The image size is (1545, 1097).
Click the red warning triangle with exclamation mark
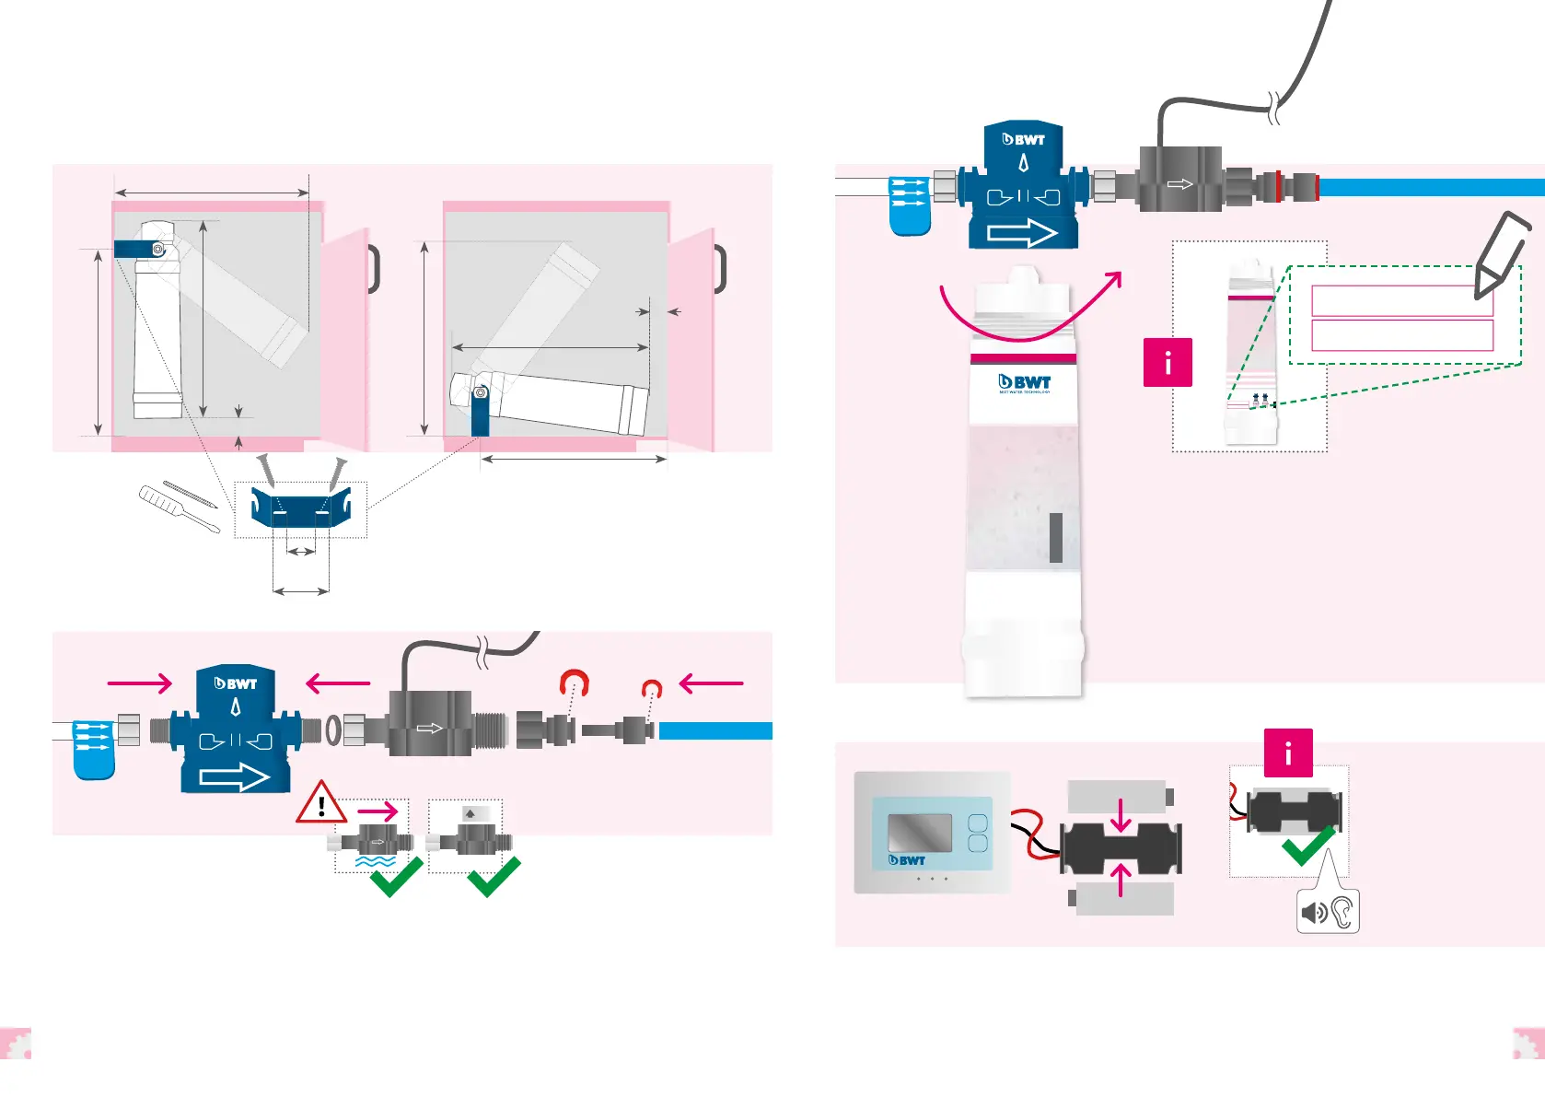(x=320, y=804)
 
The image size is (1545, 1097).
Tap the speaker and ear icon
(x=1327, y=912)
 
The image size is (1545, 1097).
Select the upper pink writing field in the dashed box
(x=1401, y=301)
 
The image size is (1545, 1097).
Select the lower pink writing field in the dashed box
(x=1401, y=335)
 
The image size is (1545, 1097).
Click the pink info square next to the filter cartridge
(x=1167, y=362)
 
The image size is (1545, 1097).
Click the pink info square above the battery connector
(x=1287, y=753)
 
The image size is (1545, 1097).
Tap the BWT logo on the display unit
(x=907, y=860)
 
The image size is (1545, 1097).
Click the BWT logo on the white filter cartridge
(x=1024, y=382)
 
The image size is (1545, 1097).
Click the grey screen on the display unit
(x=919, y=833)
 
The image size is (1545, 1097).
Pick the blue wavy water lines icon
(x=376, y=862)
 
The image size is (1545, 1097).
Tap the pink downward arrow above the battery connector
(x=1121, y=814)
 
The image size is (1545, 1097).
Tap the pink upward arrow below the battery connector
(x=1121, y=879)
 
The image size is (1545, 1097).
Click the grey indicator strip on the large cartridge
(x=1055, y=537)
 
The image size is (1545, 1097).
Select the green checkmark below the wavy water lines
(x=396, y=877)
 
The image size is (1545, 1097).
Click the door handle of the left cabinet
(x=374, y=269)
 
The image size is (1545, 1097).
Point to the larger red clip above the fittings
(x=575, y=683)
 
